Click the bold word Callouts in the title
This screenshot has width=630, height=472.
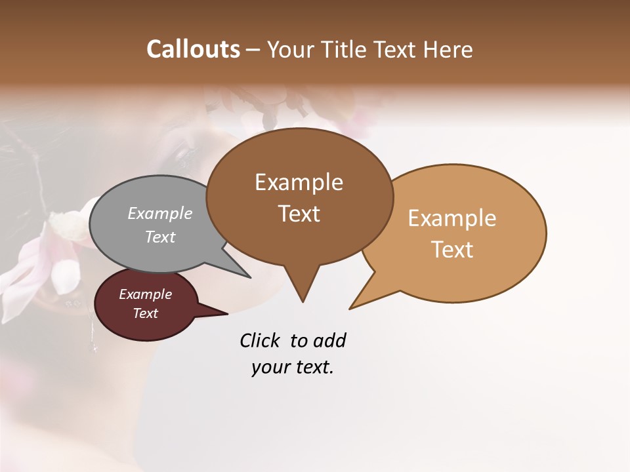click(193, 49)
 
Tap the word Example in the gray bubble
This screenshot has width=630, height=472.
click(160, 214)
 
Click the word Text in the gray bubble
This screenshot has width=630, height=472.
click(160, 237)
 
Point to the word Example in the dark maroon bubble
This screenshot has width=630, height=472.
click(145, 294)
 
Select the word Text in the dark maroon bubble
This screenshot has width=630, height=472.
click(145, 313)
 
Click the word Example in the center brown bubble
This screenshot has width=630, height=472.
click(299, 182)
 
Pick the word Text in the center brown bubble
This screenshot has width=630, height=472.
click(299, 214)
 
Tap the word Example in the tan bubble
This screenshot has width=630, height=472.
click(452, 218)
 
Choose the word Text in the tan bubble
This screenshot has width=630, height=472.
click(452, 250)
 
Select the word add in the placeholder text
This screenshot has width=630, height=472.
click(329, 340)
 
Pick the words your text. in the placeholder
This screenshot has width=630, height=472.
click(293, 367)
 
